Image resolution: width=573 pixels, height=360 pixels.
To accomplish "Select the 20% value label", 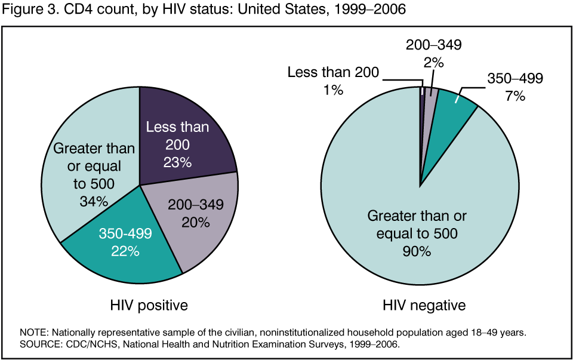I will (x=195, y=223).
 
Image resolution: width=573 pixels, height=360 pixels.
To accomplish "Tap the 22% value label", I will (x=125, y=251).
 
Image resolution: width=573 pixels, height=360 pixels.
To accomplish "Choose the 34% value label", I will (x=94, y=201).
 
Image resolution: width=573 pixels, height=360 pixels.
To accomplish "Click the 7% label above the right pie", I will (x=514, y=96).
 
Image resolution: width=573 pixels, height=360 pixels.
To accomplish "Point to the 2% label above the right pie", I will (x=434, y=61).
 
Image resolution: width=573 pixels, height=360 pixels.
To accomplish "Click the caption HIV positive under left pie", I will (x=149, y=306).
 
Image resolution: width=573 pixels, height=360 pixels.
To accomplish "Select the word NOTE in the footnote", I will (x=34, y=332).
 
